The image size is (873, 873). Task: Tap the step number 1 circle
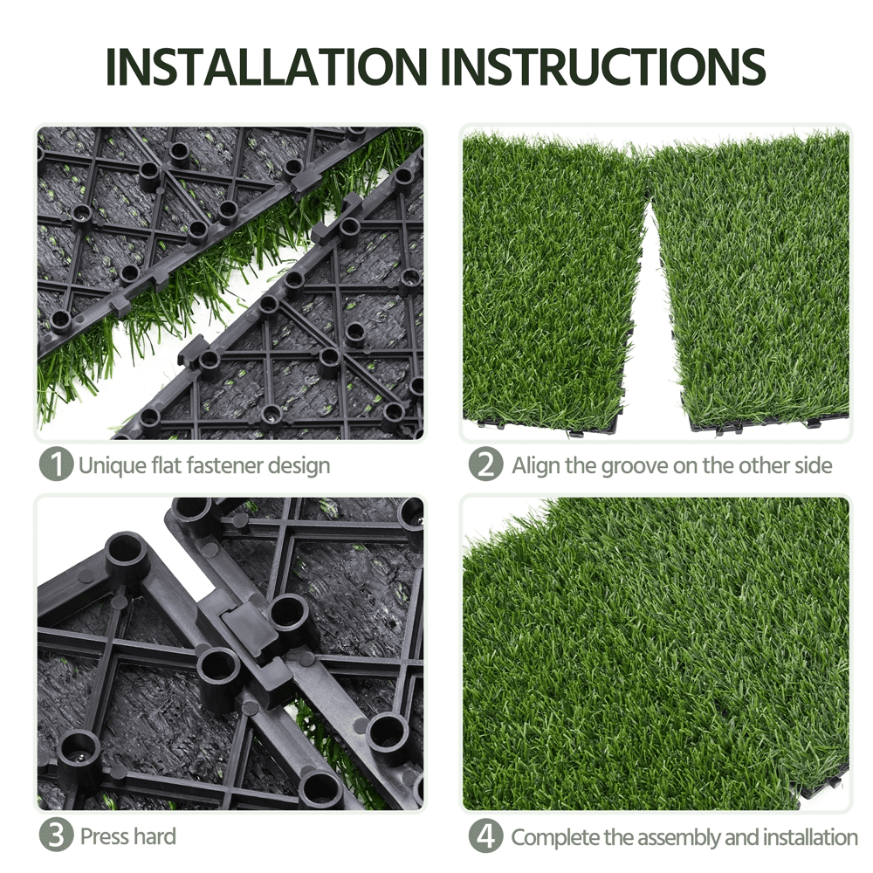pos(57,464)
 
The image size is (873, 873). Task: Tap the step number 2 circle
pos(485,464)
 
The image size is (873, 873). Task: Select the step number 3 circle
pos(57,836)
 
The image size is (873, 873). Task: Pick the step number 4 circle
pos(485,836)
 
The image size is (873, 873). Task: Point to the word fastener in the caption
pos(222,465)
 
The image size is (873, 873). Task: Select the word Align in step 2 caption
pos(536,465)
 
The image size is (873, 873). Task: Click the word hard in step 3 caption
pos(153,836)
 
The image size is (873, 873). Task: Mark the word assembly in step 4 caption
pos(678,838)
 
